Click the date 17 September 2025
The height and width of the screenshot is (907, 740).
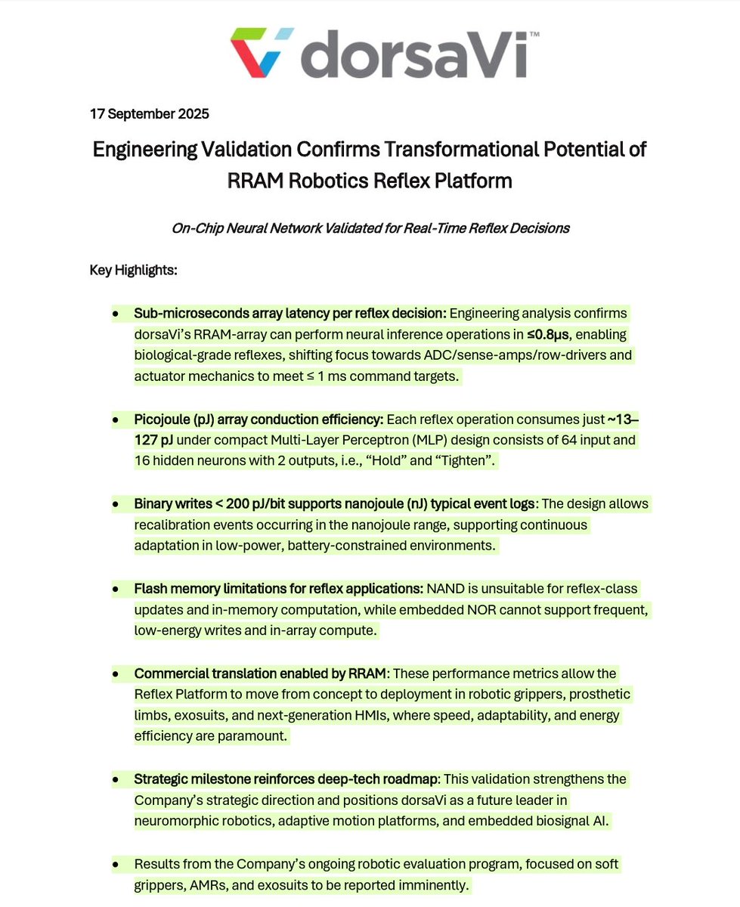pos(149,115)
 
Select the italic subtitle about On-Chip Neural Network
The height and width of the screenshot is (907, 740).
pos(370,228)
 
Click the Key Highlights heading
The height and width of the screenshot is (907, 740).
pos(133,270)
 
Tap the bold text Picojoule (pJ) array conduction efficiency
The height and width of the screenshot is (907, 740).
pos(259,419)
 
